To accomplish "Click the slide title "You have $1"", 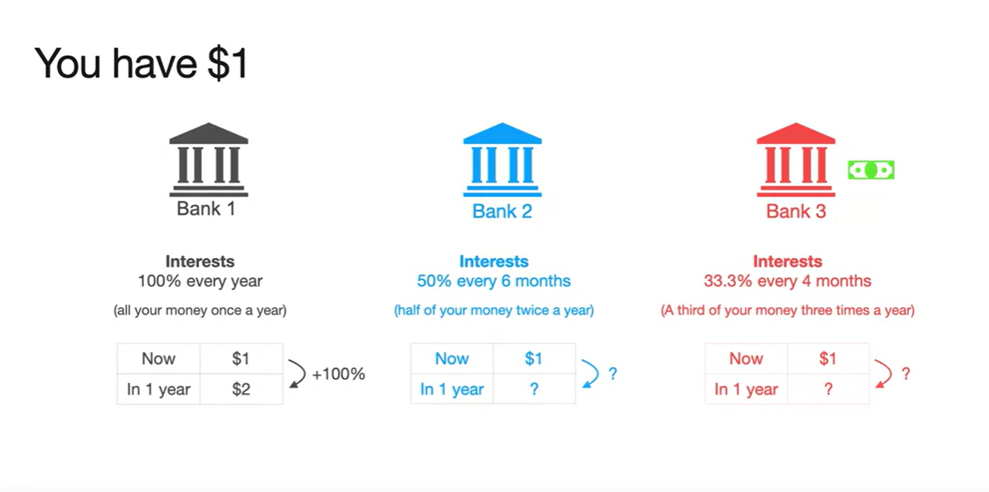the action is (x=141, y=64).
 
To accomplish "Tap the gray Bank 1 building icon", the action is (x=209, y=160).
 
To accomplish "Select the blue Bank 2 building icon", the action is (x=503, y=160).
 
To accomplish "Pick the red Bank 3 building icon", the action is (x=796, y=160).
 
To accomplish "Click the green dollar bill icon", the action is (x=871, y=170).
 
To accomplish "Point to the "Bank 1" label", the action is (x=206, y=209).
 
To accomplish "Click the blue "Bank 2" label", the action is (x=502, y=212).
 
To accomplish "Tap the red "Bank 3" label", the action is (x=796, y=212).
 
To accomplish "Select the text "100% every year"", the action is (x=200, y=281).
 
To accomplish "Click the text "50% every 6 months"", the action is (x=494, y=281).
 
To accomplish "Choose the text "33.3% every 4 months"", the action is (x=787, y=281).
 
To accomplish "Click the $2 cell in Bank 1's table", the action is (x=241, y=389).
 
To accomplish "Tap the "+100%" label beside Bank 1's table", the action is (x=339, y=374).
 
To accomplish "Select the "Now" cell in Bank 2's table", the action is (x=452, y=359).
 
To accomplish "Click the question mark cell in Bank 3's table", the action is (x=829, y=389).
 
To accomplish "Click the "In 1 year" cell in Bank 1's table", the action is (x=159, y=389).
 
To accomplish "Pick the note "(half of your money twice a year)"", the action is (x=494, y=311).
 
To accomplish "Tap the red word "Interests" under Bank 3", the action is (x=787, y=262).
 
